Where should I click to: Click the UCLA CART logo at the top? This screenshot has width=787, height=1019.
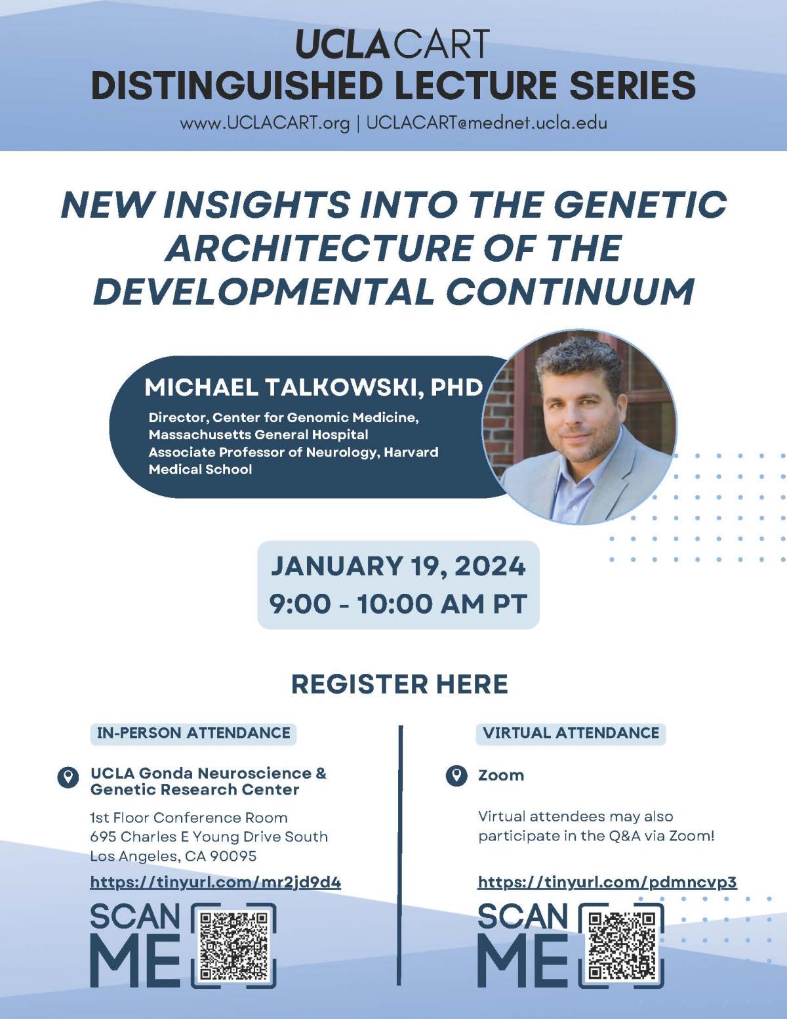(x=393, y=44)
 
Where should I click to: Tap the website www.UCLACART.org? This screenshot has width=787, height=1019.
(x=265, y=123)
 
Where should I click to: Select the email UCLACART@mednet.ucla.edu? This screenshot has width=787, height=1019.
(x=487, y=123)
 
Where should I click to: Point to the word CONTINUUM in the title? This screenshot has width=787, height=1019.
(x=569, y=292)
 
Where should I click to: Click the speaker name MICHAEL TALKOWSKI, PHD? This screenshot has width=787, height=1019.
(x=313, y=387)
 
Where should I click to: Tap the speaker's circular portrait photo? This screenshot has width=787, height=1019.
(x=580, y=426)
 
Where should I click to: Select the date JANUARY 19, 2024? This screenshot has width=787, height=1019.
(x=399, y=566)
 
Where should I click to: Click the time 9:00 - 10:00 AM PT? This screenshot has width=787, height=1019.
(x=399, y=603)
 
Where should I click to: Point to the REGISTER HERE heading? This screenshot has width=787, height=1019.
(x=399, y=684)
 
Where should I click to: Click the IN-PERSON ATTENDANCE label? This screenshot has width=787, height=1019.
(x=193, y=733)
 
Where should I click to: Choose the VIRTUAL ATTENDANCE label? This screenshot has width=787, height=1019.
(x=571, y=733)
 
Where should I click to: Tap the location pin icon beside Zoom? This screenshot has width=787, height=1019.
(x=456, y=776)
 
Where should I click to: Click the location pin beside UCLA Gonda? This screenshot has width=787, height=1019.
(x=68, y=778)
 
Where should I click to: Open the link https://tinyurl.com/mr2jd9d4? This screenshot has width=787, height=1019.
(x=216, y=883)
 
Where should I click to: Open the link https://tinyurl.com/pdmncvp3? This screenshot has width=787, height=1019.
(x=607, y=883)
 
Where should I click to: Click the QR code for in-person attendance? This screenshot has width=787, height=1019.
(x=234, y=946)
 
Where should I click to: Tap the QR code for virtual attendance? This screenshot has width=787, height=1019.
(x=622, y=946)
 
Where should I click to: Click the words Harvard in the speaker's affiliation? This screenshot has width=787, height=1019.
(x=411, y=452)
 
